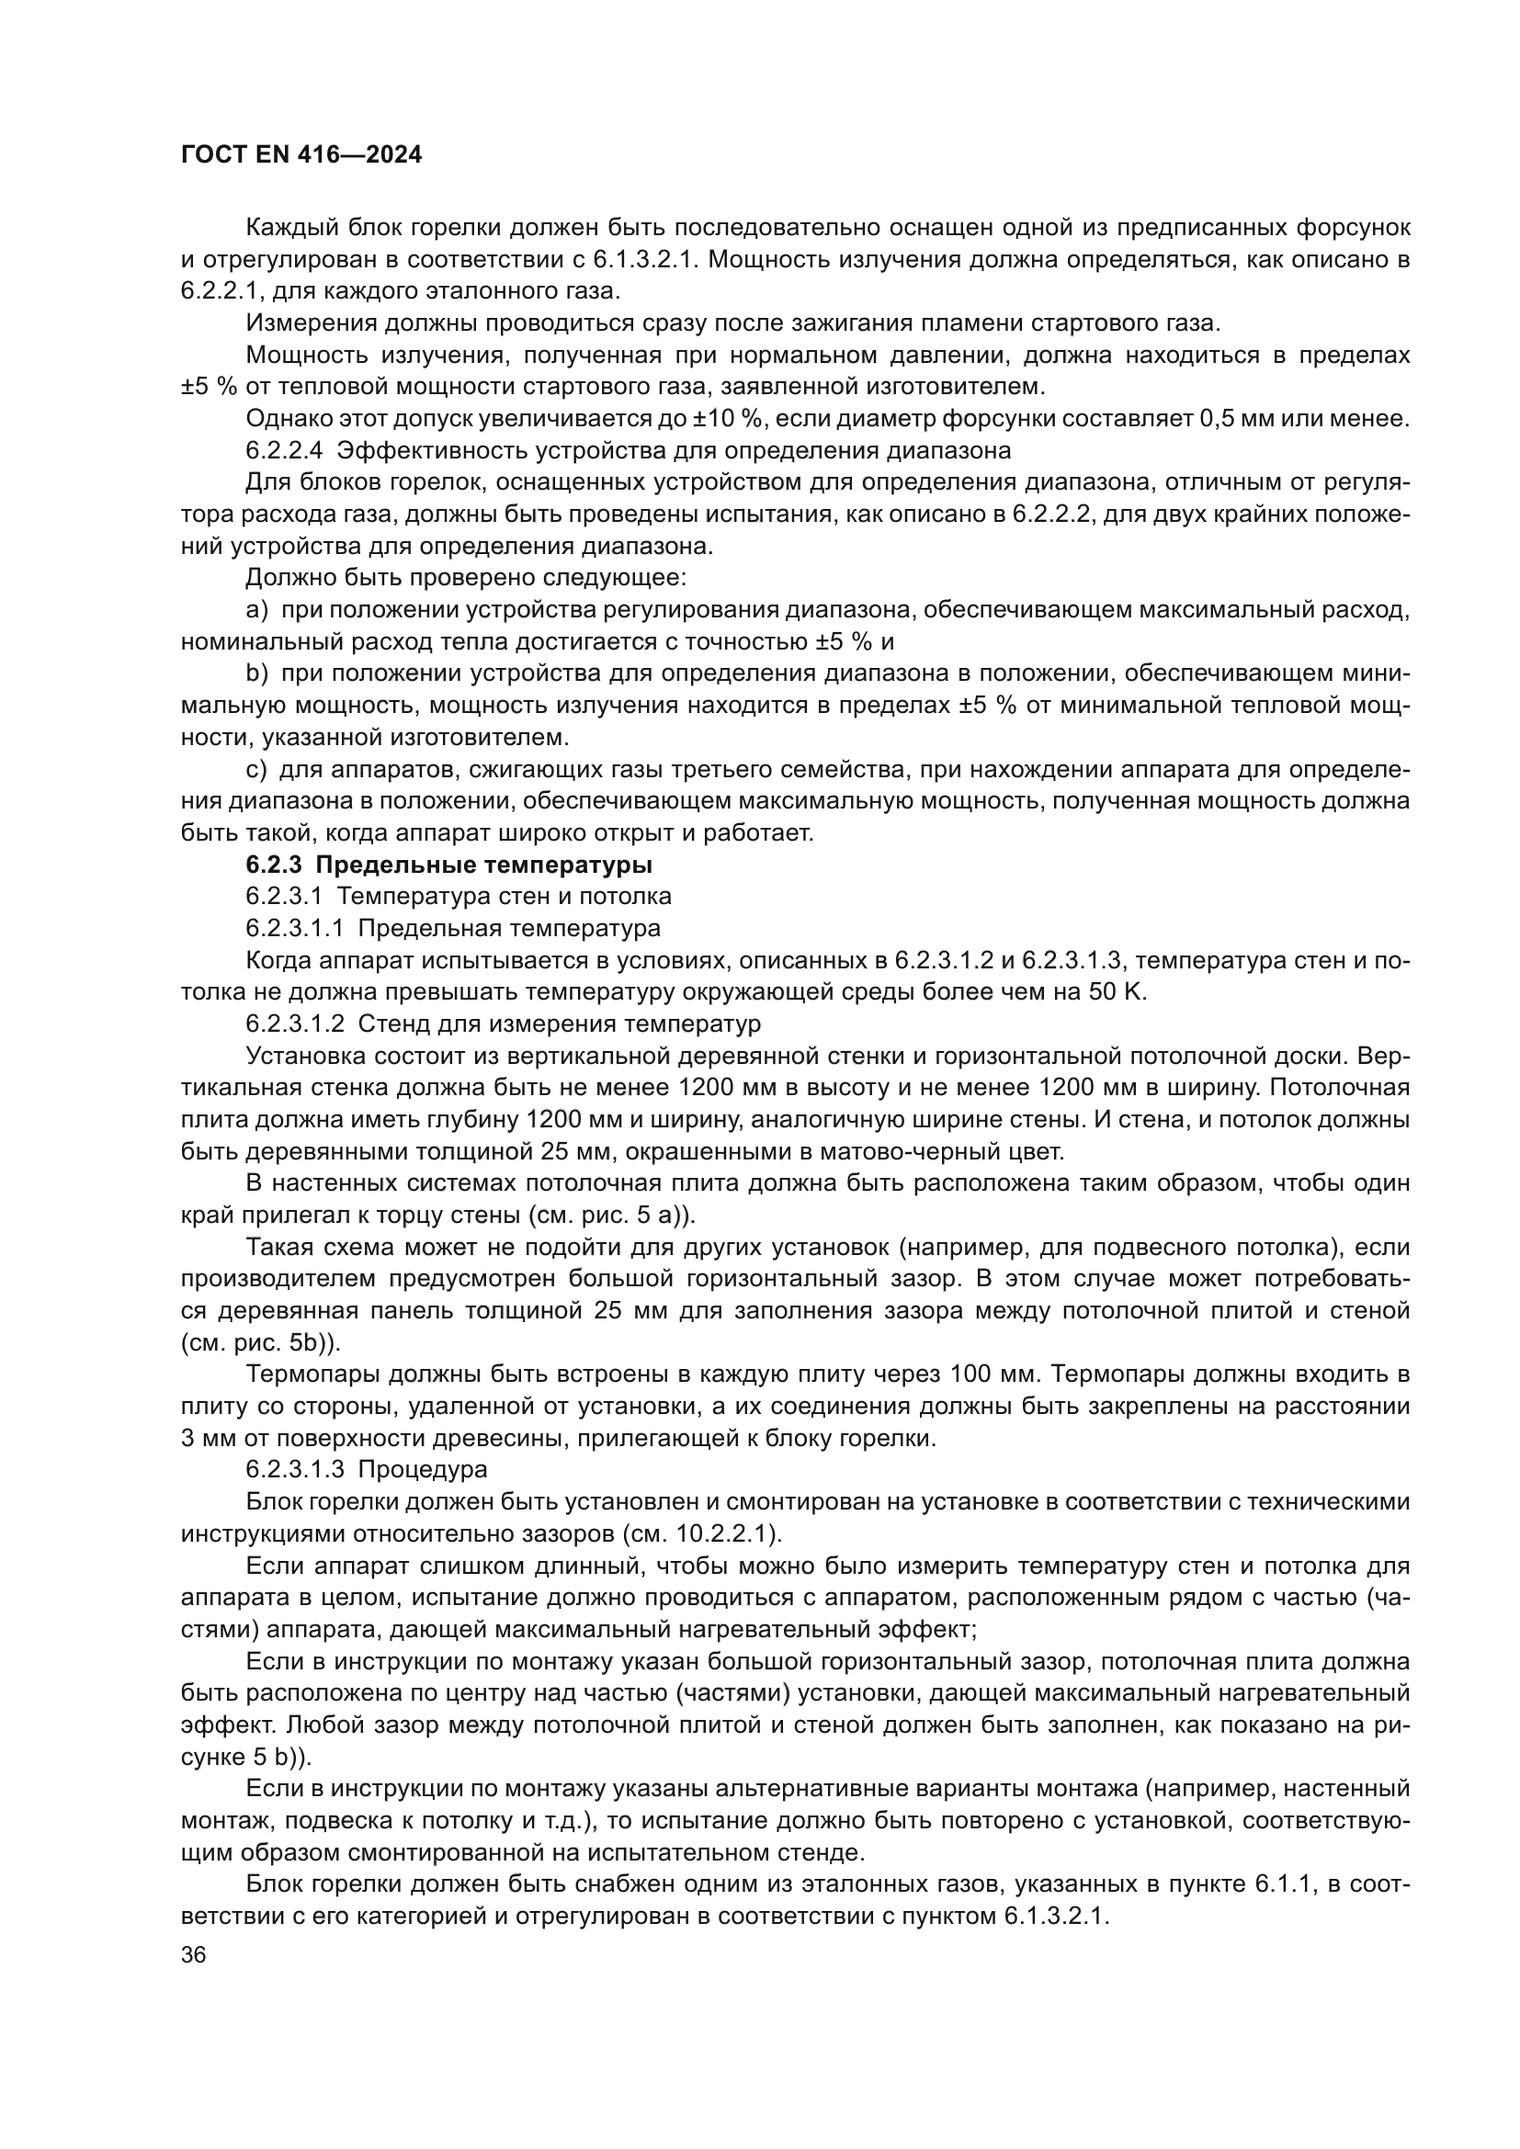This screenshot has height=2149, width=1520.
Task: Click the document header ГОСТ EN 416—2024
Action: (301, 155)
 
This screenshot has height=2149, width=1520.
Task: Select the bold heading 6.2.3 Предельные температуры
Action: (449, 864)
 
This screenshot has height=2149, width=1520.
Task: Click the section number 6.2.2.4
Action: (284, 450)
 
